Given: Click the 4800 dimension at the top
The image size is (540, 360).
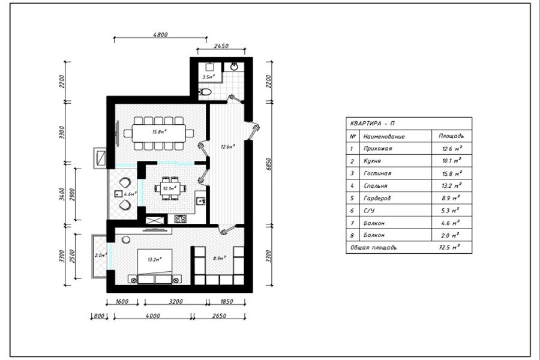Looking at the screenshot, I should click(x=160, y=35).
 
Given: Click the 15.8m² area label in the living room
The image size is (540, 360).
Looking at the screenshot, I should click(x=159, y=131).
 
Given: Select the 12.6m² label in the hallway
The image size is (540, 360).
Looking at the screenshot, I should click(x=227, y=146).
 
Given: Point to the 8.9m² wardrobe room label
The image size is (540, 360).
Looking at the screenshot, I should click(x=218, y=258).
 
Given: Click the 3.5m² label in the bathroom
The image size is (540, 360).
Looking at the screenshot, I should click(x=208, y=77).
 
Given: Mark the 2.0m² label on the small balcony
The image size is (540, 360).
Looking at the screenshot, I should click(x=100, y=255).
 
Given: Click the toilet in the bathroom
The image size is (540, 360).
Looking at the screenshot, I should click(x=204, y=92).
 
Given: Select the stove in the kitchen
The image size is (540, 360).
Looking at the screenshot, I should click(x=179, y=218).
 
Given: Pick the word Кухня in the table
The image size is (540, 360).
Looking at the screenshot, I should click(x=373, y=161).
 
